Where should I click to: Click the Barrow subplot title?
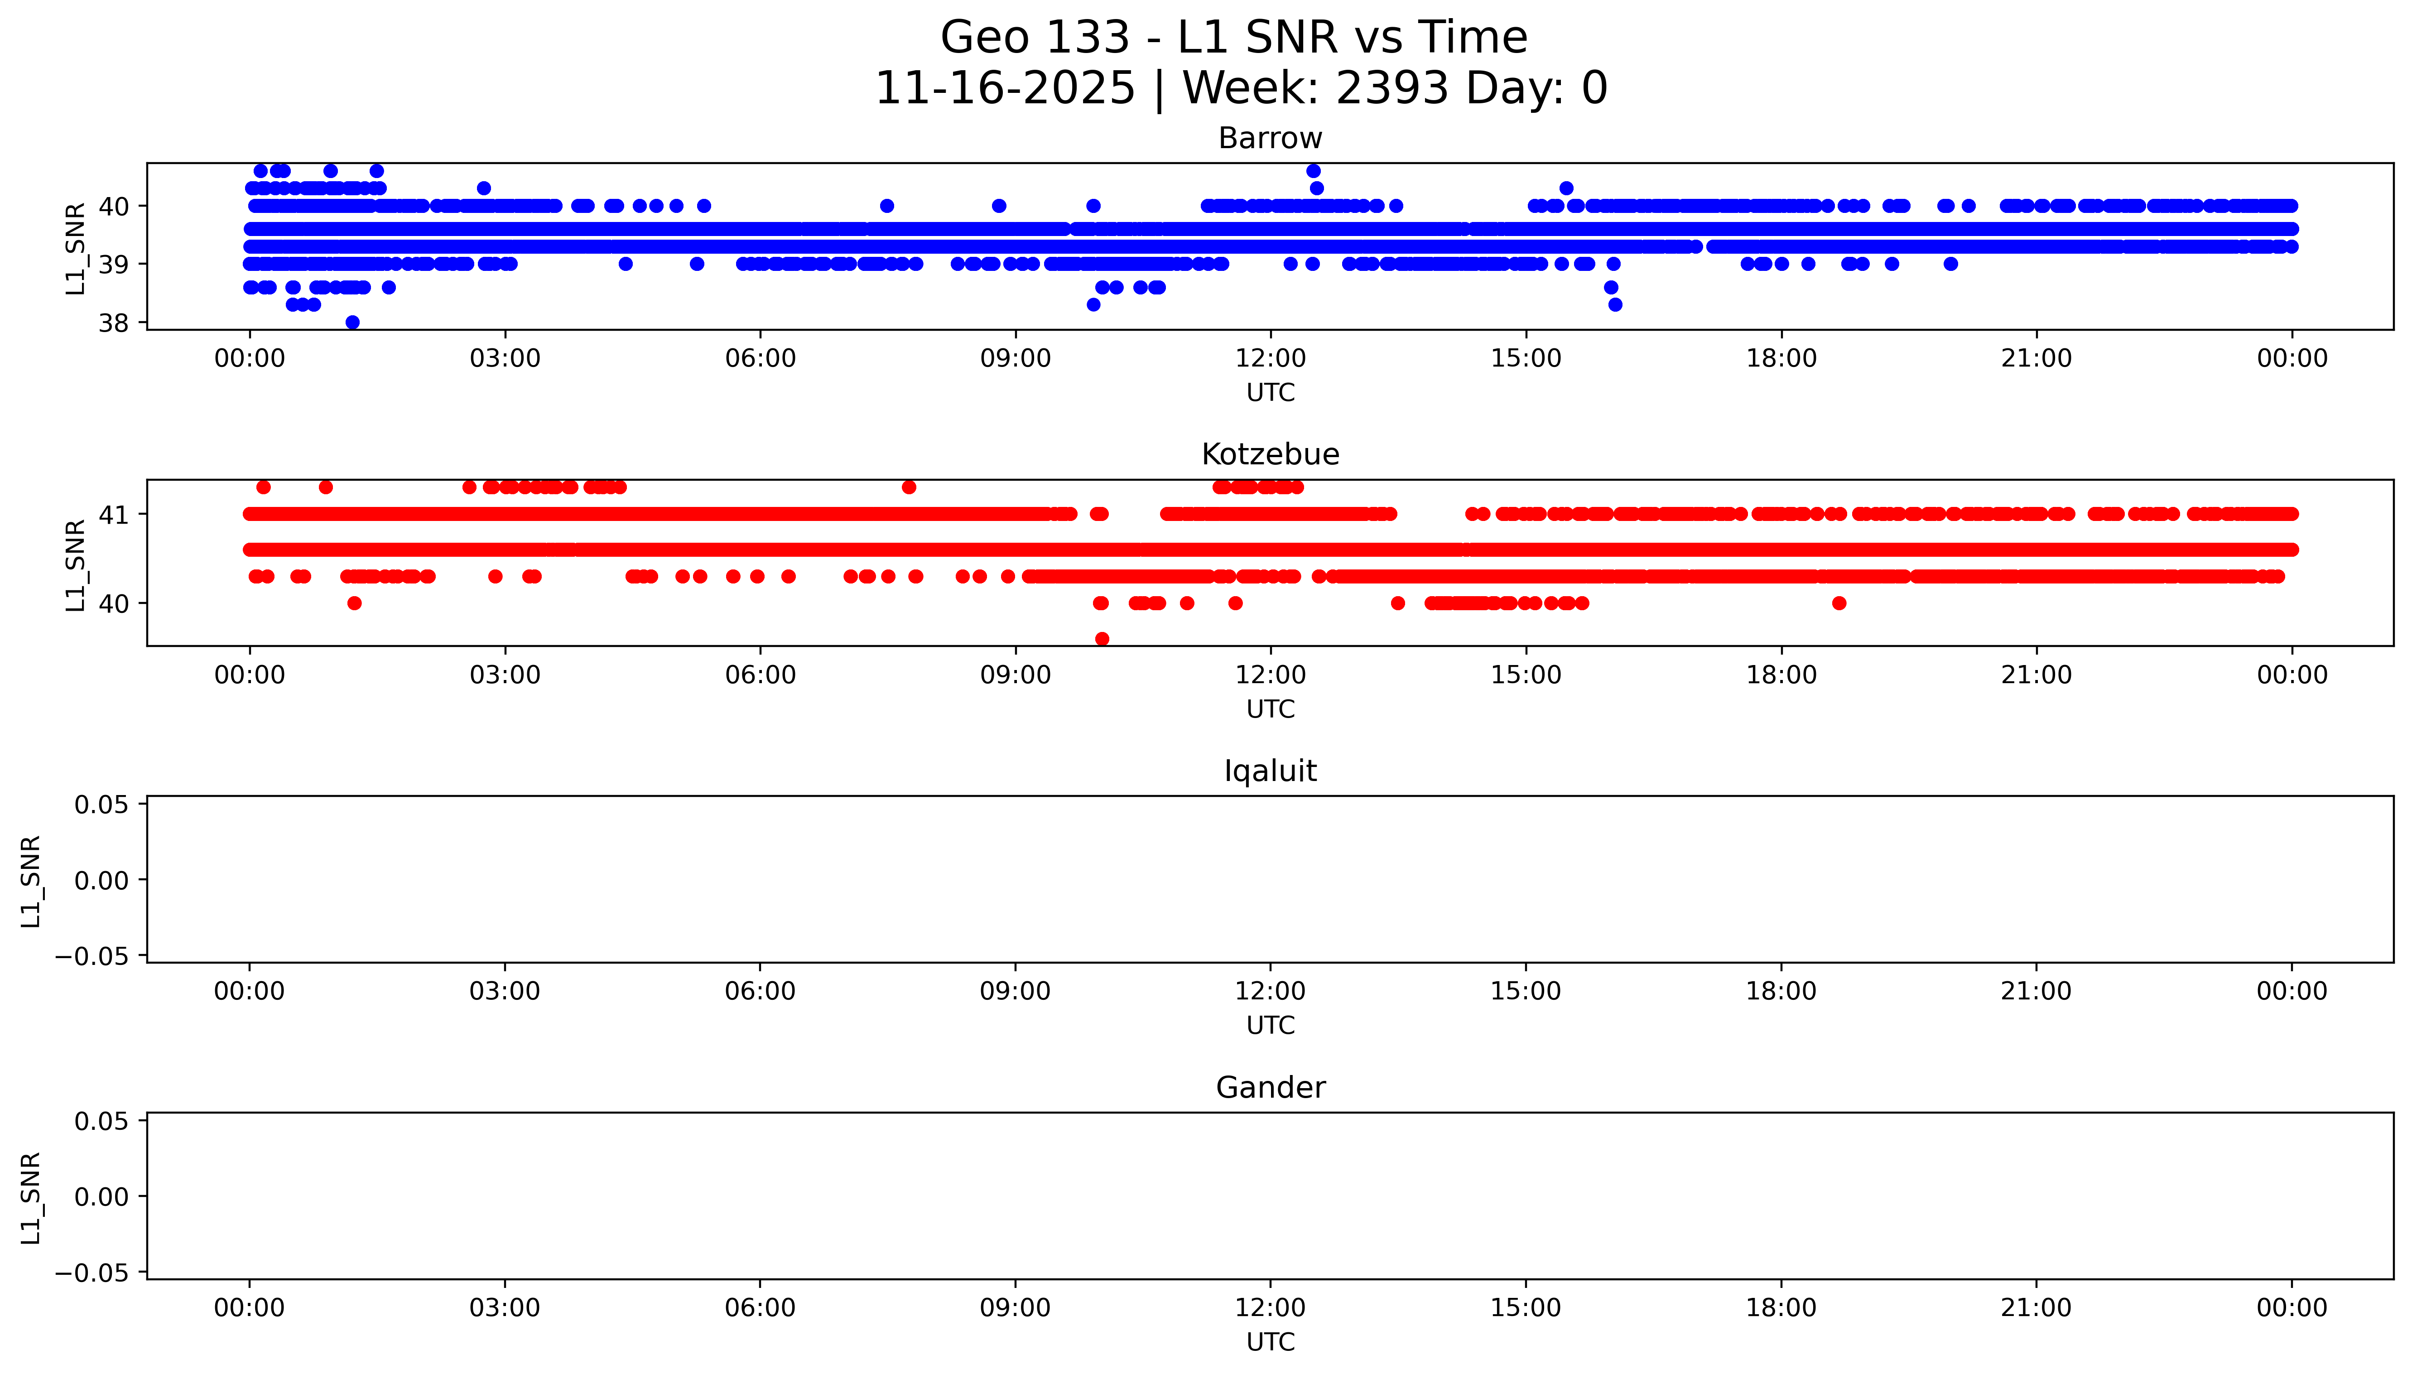click(1270, 139)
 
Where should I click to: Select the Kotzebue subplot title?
click(1270, 455)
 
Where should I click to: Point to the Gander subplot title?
click(1270, 1088)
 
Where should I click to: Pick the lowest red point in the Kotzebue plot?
click(1102, 639)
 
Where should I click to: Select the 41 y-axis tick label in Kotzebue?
click(113, 515)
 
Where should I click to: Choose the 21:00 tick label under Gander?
click(2036, 1308)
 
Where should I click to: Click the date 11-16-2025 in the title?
click(1005, 89)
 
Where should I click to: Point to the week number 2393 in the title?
click(1391, 89)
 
